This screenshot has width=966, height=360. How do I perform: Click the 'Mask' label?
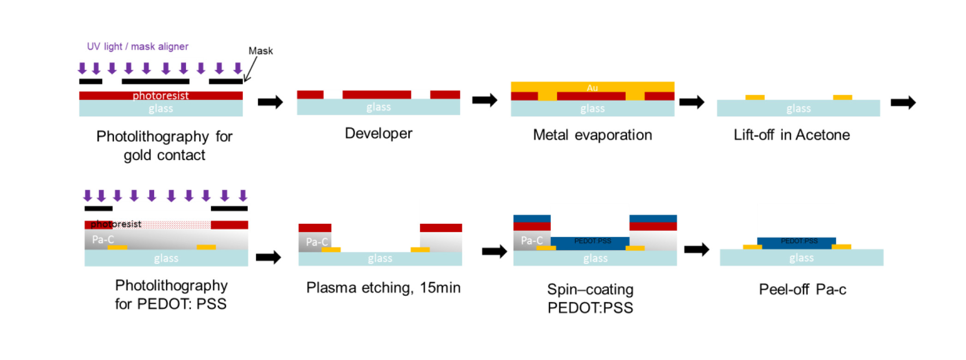tap(261, 51)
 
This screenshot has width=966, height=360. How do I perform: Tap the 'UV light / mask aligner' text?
tap(137, 47)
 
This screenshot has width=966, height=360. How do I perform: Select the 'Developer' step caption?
tap(378, 133)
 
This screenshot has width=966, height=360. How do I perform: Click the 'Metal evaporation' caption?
tap(592, 135)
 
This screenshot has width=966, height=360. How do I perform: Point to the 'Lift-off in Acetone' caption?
tap(792, 135)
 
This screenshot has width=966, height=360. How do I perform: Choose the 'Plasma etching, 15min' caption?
tap(383, 288)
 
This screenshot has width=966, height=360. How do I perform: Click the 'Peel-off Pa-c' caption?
tap(802, 289)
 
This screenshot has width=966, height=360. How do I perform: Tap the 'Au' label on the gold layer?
tap(592, 88)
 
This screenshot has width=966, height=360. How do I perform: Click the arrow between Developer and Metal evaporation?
tap(484, 100)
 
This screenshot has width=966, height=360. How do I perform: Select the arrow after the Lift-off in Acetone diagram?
tap(903, 102)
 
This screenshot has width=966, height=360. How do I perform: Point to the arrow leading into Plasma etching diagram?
tap(268, 257)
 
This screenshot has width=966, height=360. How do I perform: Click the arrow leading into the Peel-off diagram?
tap(696, 250)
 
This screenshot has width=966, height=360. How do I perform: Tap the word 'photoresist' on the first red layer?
tap(161, 96)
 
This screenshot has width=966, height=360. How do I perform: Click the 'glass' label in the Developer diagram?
tap(378, 107)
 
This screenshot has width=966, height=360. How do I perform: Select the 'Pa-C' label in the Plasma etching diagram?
tap(316, 242)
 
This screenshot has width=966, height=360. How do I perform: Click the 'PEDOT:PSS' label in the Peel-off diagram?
tap(799, 241)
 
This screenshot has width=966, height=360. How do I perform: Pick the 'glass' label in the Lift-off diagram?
tap(799, 108)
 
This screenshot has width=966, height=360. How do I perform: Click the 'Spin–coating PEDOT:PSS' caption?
tap(590, 298)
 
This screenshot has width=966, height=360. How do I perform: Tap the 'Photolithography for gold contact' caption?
tap(164, 145)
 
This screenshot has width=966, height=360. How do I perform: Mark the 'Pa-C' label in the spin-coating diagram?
tap(531, 240)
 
